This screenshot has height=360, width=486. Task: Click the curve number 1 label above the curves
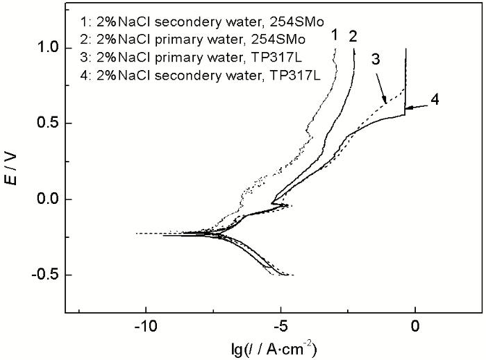coord(334,34)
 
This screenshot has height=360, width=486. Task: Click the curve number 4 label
coord(434,99)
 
